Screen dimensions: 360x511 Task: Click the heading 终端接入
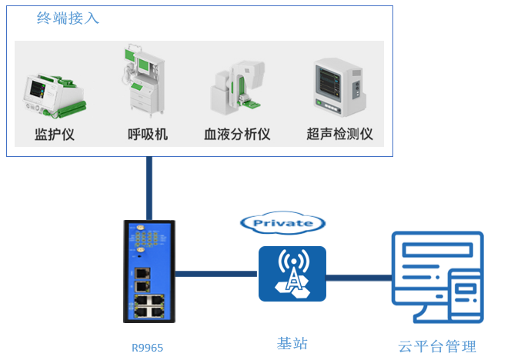[x=68, y=18]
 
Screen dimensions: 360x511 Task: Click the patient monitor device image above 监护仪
[x=54, y=94]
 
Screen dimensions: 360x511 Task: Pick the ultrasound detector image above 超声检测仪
[x=339, y=86]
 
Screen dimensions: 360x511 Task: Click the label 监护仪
[x=54, y=135]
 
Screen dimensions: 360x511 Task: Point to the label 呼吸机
[x=147, y=135]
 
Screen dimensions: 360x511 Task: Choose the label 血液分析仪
[x=237, y=135]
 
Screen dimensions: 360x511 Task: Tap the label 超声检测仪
[x=339, y=135]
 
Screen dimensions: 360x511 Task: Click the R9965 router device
[x=149, y=271]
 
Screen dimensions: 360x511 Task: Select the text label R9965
[x=147, y=347]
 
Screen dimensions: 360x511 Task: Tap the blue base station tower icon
[x=291, y=273]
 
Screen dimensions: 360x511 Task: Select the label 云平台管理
[x=437, y=347]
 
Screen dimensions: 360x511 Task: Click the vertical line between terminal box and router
[x=149, y=188]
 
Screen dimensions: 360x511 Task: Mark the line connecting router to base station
[x=217, y=273]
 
